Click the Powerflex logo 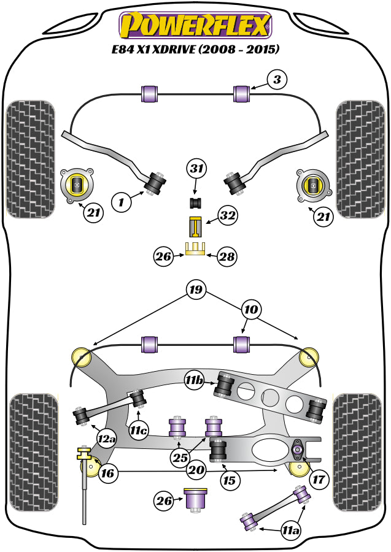(195, 26)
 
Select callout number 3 (276, 79)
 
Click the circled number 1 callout (122, 201)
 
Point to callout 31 (197, 169)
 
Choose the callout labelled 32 (228, 216)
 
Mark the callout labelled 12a (106, 439)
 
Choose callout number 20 (196, 471)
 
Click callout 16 (107, 472)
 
